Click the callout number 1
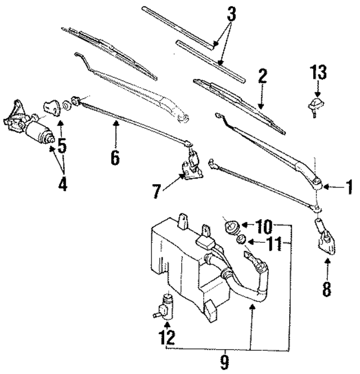pyautogui.click(x=348, y=186)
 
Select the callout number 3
pyautogui.click(x=231, y=16)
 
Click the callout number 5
pyautogui.click(x=62, y=145)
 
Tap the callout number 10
pyautogui.click(x=263, y=228)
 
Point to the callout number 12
pyautogui.click(x=166, y=337)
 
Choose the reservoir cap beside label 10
pyautogui.click(x=231, y=227)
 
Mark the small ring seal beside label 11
pyautogui.click(x=238, y=241)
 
